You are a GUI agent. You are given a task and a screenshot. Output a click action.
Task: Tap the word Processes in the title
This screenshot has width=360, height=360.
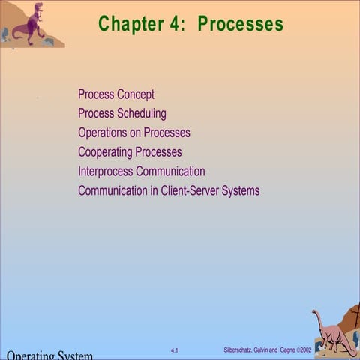[x=241, y=24]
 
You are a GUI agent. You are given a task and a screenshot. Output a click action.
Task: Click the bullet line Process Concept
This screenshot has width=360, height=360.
[x=116, y=94]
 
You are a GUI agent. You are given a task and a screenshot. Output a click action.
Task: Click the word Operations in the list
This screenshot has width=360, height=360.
[x=104, y=133]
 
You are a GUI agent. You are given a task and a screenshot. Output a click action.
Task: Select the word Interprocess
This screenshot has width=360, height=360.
[x=106, y=172]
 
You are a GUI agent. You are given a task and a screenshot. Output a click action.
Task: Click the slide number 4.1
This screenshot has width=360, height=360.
[x=175, y=350]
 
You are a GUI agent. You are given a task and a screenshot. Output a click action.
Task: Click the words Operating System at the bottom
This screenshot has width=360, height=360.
[x=49, y=355]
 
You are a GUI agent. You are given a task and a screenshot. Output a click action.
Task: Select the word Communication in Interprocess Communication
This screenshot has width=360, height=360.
[x=170, y=172]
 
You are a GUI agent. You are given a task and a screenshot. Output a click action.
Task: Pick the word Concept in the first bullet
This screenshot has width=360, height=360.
[x=136, y=94]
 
